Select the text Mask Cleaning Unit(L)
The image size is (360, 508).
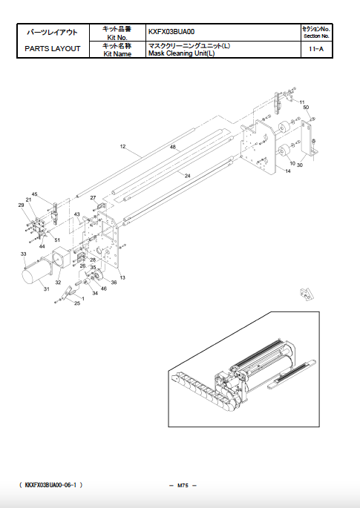(x=178, y=53)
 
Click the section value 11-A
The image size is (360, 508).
(x=315, y=49)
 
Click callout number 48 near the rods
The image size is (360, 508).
(x=172, y=148)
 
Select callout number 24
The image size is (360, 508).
(x=188, y=176)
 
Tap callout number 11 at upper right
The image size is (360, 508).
(x=301, y=101)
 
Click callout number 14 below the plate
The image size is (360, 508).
(x=287, y=172)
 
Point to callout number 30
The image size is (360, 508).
(x=300, y=165)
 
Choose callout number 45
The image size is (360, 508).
(x=34, y=194)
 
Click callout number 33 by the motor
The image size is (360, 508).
(x=24, y=254)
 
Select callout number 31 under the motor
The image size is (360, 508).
(x=45, y=288)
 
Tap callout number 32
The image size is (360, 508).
(x=58, y=283)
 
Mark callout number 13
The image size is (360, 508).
(x=122, y=277)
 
